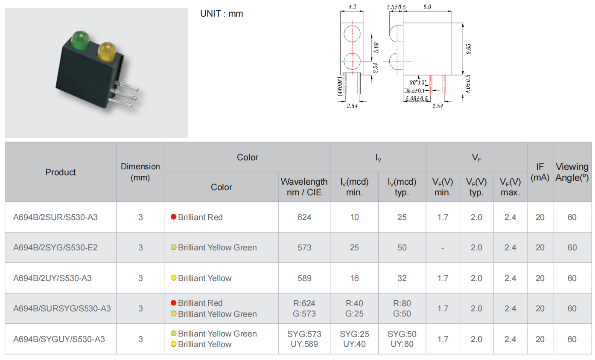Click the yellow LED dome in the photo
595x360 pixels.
pos(106,51)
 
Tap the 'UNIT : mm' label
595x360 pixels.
pos(222,14)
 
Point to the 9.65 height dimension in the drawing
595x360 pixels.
pos(469,49)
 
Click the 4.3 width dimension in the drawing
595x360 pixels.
pos(352,7)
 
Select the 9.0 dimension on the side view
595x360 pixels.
pos(427,7)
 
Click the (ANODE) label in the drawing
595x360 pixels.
pos(340,86)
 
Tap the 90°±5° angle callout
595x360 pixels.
pos(418,82)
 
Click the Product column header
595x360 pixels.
pos(61,172)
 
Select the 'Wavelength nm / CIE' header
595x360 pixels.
pos(304,187)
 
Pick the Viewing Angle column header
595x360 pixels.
pos(572,172)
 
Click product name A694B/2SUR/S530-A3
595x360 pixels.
pos(55,217)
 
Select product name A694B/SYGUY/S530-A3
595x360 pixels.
pos(59,339)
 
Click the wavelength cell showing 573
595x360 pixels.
pos(304,247)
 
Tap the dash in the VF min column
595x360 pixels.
pos(443,248)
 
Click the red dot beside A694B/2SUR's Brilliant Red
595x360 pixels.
pos(173,217)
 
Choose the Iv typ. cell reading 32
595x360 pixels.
pos(402,278)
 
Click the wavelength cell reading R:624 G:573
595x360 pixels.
pos(304,308)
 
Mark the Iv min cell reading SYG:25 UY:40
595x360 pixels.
pos(354,339)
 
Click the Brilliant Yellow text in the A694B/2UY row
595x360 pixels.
pos(205,278)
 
